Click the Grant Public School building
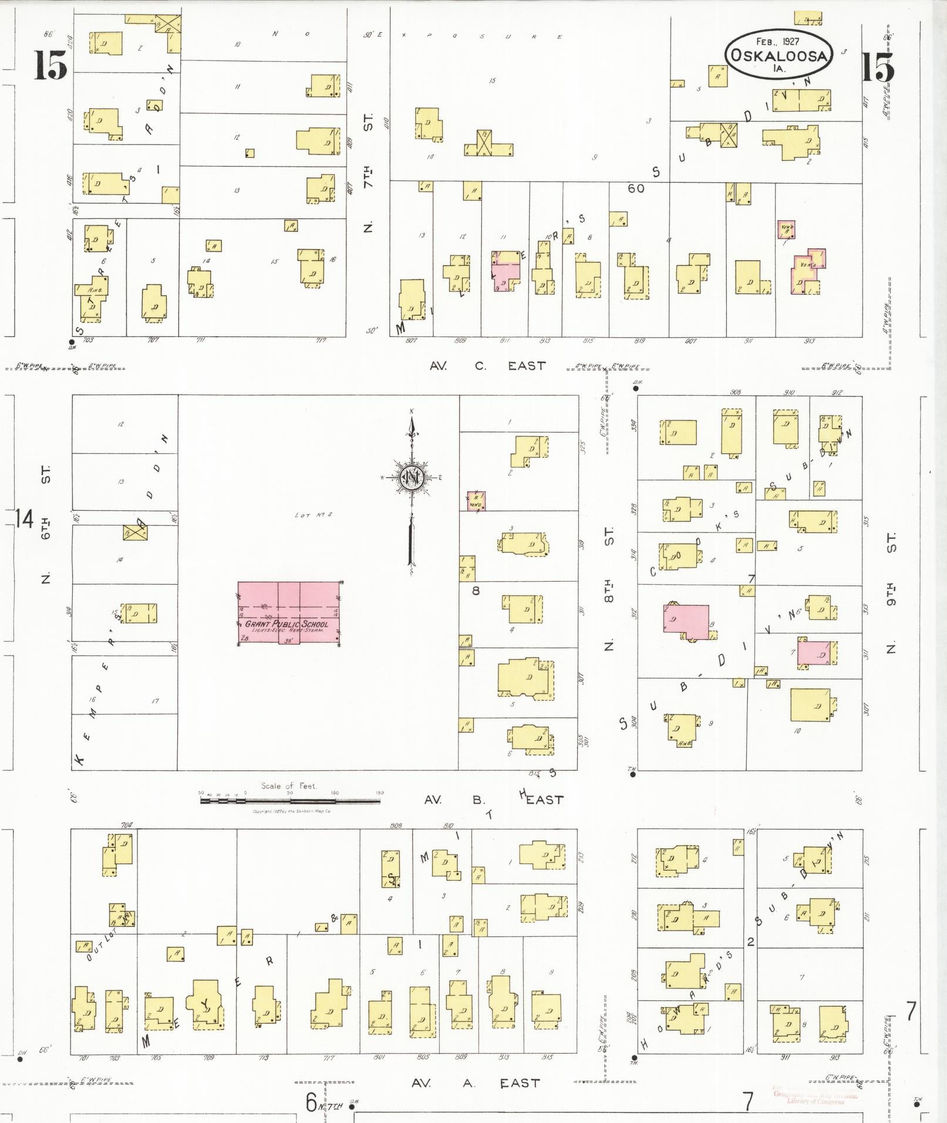tap(289, 613)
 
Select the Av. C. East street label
tap(487, 366)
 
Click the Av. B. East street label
tap(493, 800)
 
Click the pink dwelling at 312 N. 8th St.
tap(686, 621)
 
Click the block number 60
tap(635, 188)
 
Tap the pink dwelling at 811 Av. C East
tap(506, 272)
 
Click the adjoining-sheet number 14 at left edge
tap(24, 519)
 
